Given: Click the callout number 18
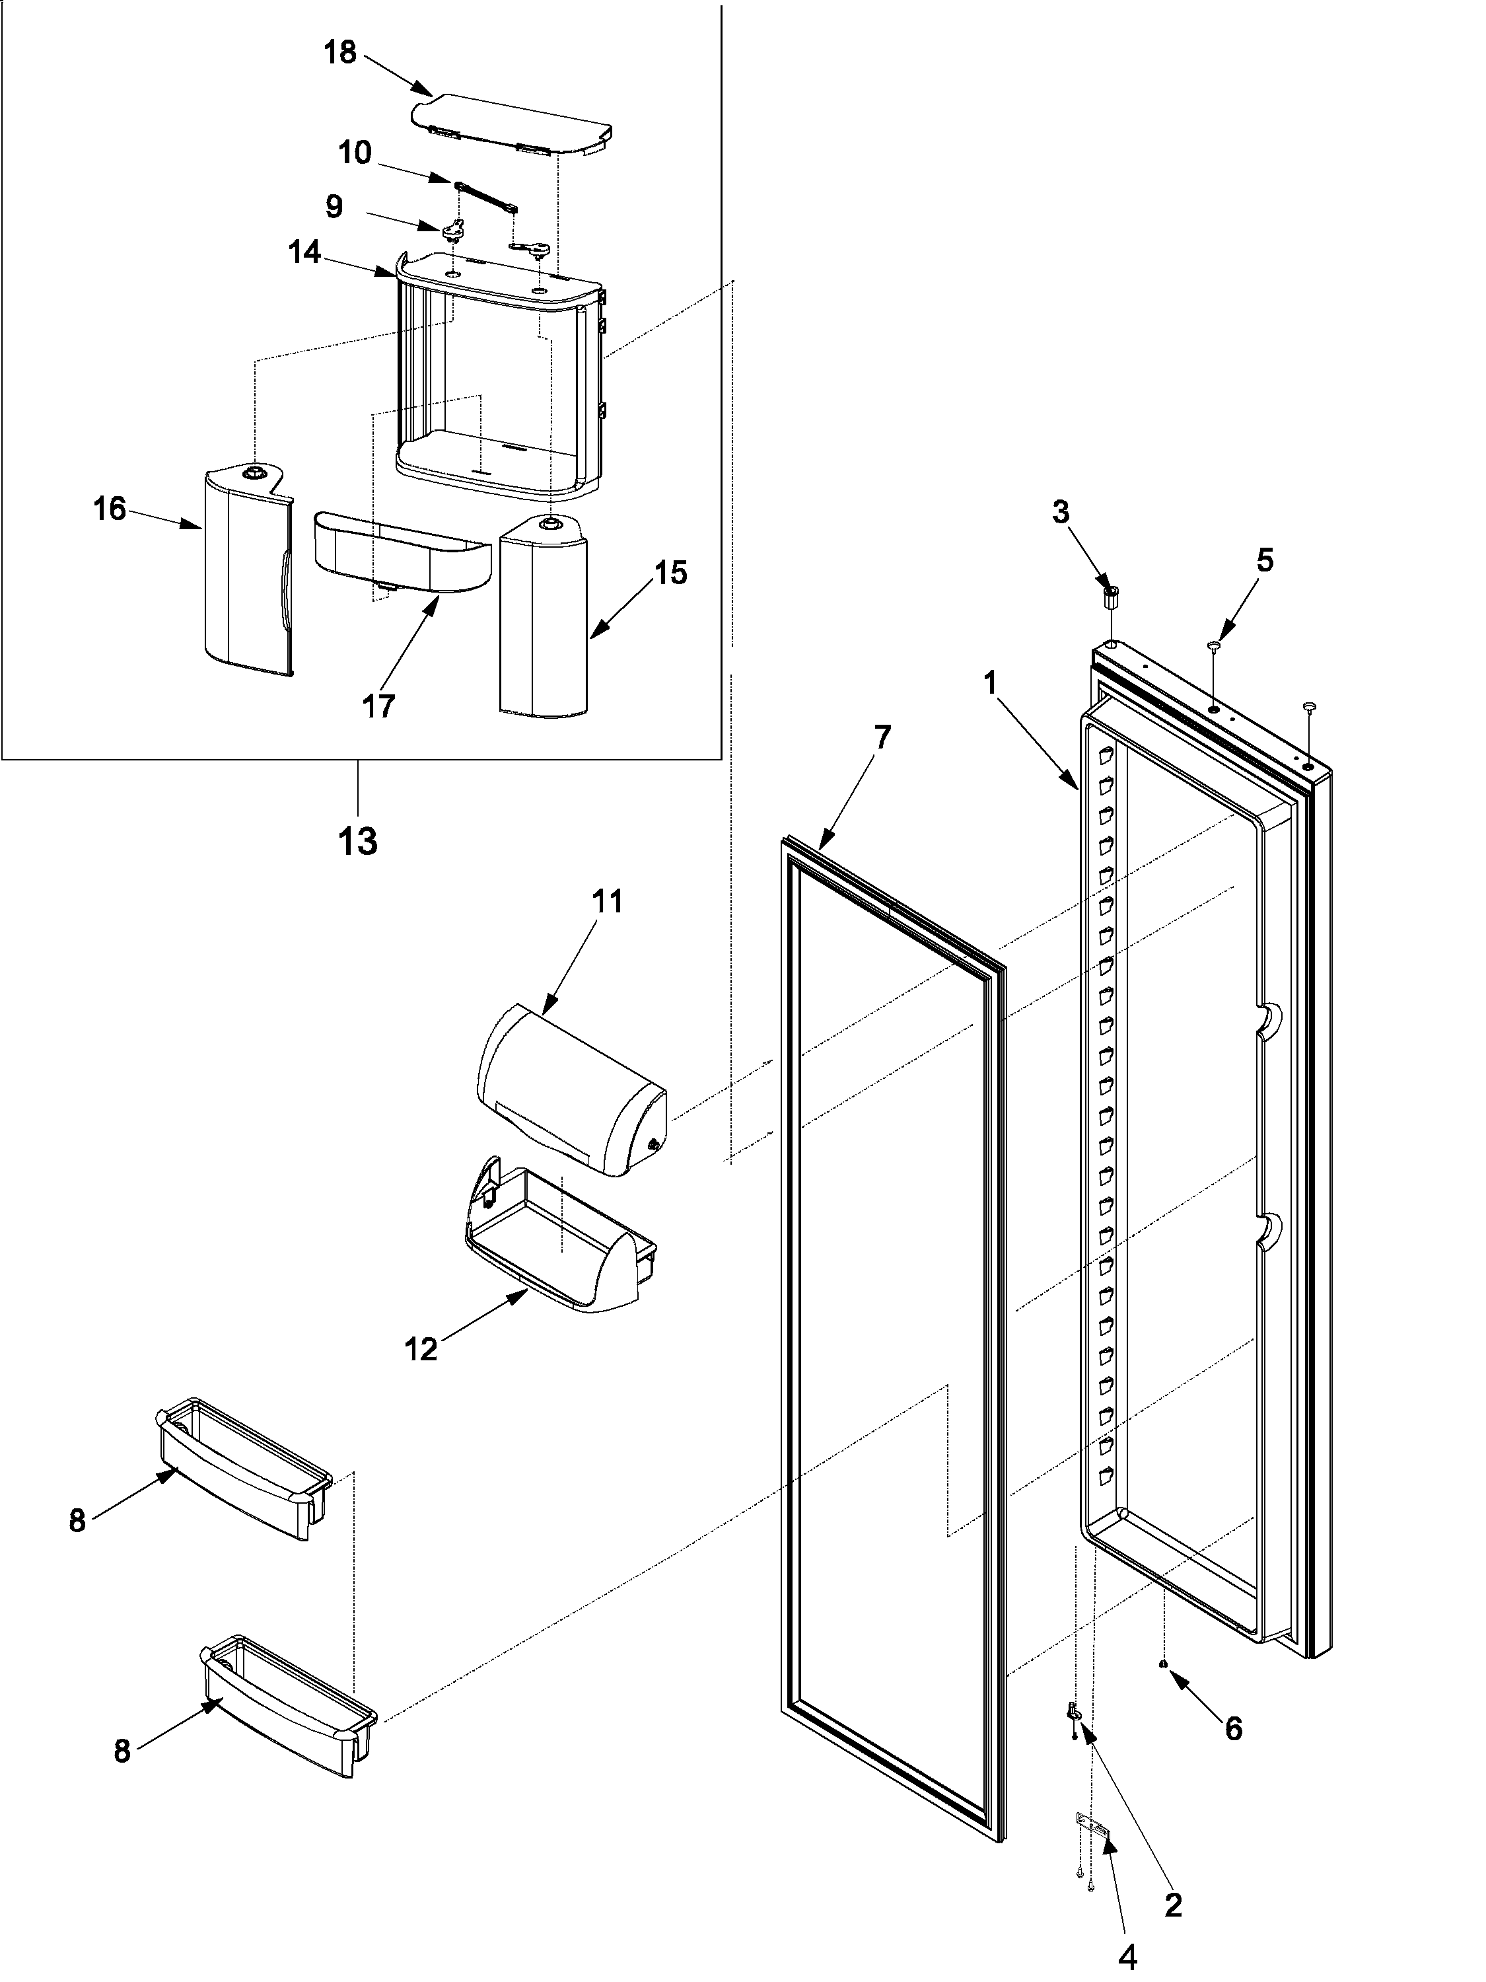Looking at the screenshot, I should (x=339, y=53).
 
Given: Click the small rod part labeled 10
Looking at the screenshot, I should (x=486, y=196).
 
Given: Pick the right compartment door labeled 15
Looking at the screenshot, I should (x=543, y=618).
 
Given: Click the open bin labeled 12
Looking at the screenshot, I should (x=560, y=1259).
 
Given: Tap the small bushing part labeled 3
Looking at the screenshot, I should (x=1111, y=597).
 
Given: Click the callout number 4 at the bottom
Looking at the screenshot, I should (x=1128, y=1954).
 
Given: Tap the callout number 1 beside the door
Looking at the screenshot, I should (x=990, y=684).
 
